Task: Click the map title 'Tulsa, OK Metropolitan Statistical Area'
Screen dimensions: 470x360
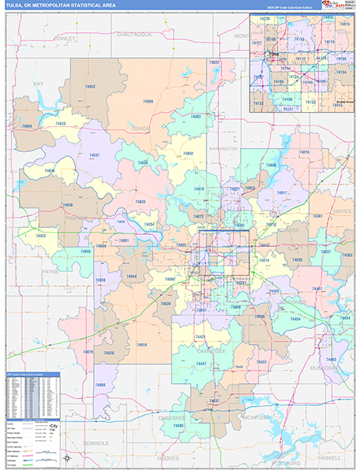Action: (x=59, y=7)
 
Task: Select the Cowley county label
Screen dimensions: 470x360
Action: (x=63, y=37)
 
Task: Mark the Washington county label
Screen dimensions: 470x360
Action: (x=223, y=147)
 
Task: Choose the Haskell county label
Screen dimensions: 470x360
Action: (x=330, y=457)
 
